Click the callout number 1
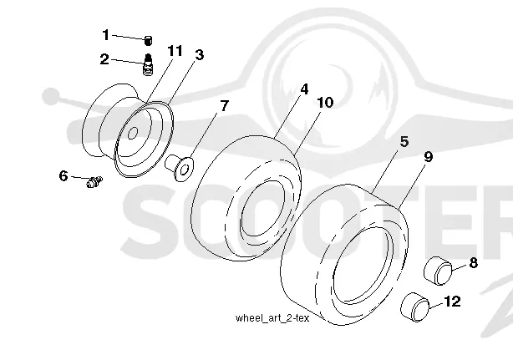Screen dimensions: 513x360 105,34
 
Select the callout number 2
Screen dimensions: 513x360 104,59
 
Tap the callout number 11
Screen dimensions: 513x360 175,51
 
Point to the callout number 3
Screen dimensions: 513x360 199,54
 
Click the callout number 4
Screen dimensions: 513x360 304,89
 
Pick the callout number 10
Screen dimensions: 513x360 325,103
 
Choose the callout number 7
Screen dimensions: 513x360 224,105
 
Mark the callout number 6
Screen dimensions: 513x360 63,175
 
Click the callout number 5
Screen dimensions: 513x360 404,142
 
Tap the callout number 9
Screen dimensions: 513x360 429,157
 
